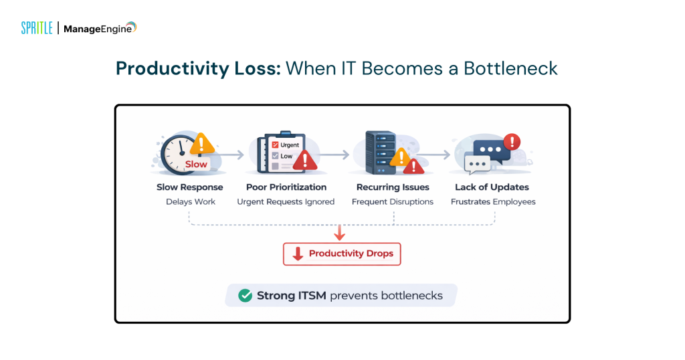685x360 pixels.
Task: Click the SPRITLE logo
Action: pyautogui.click(x=36, y=28)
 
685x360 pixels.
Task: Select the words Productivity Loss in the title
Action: pyautogui.click(x=198, y=68)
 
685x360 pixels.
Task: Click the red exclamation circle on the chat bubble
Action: pyautogui.click(x=512, y=142)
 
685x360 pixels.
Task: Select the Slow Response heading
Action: pyautogui.click(x=190, y=187)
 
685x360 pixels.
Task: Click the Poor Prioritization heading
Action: pyautogui.click(x=286, y=187)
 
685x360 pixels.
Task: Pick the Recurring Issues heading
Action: pyautogui.click(x=393, y=187)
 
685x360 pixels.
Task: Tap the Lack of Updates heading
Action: pyautogui.click(x=492, y=187)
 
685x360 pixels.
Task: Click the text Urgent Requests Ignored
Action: pyautogui.click(x=286, y=201)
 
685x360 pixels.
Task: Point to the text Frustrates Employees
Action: pyautogui.click(x=493, y=201)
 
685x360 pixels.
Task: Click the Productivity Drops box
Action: pyautogui.click(x=342, y=254)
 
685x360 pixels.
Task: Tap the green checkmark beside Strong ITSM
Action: pyautogui.click(x=246, y=295)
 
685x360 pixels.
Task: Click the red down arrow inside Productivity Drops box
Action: pyautogui.click(x=298, y=254)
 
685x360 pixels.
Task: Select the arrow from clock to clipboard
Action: pyautogui.click(x=230, y=155)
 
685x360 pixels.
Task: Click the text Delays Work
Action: pyautogui.click(x=191, y=201)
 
